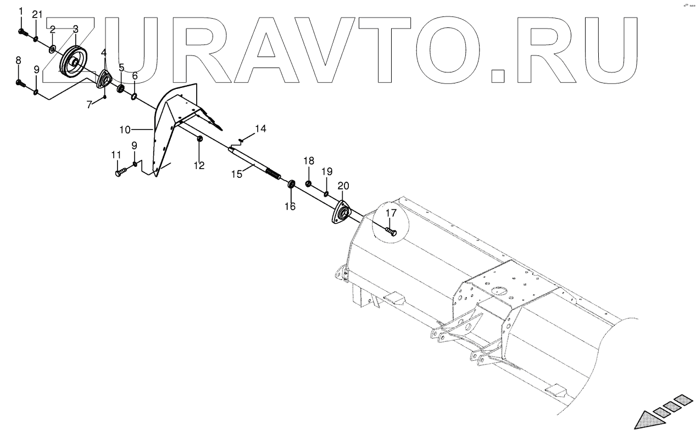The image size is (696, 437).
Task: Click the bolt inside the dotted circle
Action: coord(391,232)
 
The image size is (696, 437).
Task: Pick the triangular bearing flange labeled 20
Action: coord(341,212)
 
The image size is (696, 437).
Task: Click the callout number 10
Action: coord(125,130)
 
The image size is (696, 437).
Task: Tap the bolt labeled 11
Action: coord(120,172)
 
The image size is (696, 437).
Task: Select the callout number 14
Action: coord(260,129)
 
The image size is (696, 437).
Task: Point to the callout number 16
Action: coord(289,207)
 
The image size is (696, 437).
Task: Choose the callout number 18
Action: coord(309,161)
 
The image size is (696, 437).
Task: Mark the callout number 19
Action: coord(326,172)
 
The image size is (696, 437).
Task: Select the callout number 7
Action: coord(90,104)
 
